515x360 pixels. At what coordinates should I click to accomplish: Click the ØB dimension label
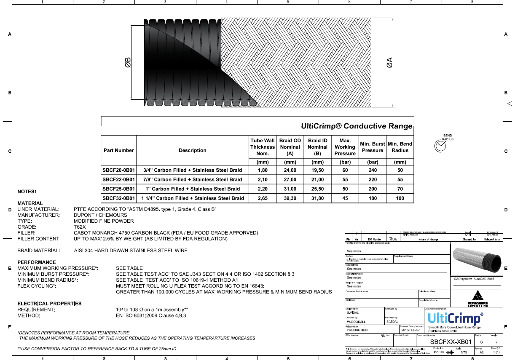128,63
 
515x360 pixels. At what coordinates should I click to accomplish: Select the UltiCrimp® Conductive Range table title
357,126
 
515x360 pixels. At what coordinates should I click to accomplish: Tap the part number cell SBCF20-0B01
118,170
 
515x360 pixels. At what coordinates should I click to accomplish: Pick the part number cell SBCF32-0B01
118,198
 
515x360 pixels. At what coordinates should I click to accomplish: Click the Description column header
192,150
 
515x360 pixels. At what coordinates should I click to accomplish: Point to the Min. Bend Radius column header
400,147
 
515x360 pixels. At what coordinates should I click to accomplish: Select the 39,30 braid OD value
290,198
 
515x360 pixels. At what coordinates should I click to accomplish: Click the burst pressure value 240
373,170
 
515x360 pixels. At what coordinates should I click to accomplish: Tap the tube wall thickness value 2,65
262,198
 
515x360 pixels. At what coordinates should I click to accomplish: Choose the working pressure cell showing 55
345,179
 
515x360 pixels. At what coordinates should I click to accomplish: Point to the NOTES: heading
27,192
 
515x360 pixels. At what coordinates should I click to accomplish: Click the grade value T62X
80,227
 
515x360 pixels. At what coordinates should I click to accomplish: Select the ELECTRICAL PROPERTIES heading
49,304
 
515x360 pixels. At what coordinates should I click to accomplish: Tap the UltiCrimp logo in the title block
455,319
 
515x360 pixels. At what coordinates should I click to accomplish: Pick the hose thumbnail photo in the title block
476,259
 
